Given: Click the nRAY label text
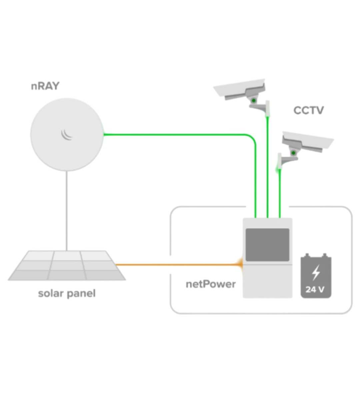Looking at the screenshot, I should [x=45, y=86].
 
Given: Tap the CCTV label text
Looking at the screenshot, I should [x=308, y=110].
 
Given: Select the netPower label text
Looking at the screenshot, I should [x=210, y=284].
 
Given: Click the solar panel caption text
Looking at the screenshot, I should [x=67, y=293].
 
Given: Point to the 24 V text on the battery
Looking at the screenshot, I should [x=315, y=289].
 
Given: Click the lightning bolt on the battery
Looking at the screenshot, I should [x=316, y=272].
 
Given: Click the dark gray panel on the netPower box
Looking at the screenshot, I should [x=267, y=245].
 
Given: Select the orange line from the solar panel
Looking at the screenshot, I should [x=177, y=265].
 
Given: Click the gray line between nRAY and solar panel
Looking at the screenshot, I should [x=67, y=210].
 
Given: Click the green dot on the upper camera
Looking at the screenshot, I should [x=254, y=100].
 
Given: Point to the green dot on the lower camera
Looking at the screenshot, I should [x=293, y=153].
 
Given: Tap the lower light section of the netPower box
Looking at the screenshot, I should [x=267, y=281].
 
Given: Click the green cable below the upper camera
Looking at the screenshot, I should [x=267, y=167].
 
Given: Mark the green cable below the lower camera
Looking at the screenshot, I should [x=280, y=193].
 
